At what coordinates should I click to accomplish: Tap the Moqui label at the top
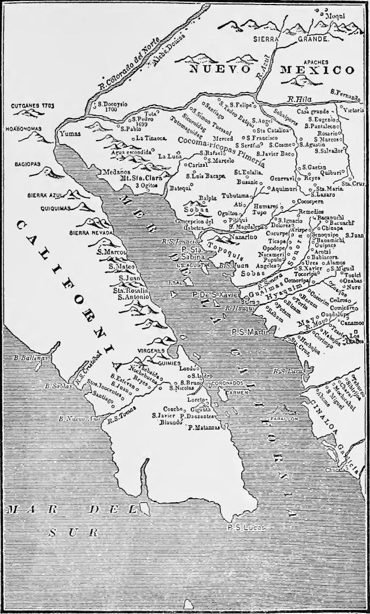point(335,16)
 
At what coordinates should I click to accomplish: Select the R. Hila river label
point(298,99)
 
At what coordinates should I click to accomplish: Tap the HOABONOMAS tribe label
point(24,129)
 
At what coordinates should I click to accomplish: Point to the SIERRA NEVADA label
point(88,233)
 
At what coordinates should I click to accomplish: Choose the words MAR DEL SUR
point(85,519)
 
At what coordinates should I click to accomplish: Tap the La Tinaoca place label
point(152,138)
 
